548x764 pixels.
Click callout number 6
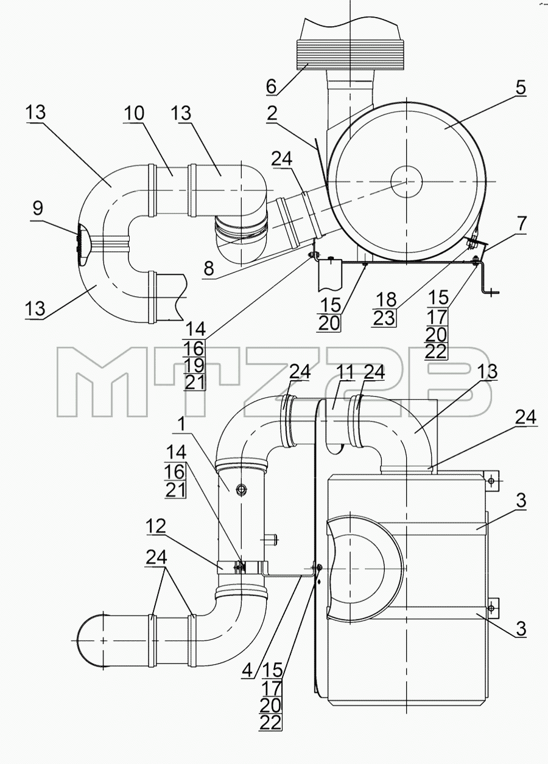tap(271, 86)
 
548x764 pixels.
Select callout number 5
tap(521, 88)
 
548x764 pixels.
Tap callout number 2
tap(272, 113)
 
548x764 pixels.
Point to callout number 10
tap(134, 113)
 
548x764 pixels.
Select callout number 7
tap(521, 223)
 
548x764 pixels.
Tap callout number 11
tap(345, 372)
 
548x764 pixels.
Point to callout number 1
tap(181, 425)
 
